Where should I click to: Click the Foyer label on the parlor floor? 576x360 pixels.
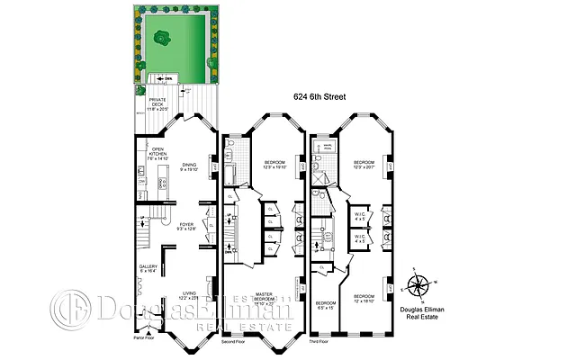point(186,227)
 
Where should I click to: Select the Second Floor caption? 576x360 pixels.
point(236,341)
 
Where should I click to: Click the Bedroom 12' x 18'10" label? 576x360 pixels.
point(364,299)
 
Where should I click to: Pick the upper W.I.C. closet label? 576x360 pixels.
point(360,216)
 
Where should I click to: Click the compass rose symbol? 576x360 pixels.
point(418,286)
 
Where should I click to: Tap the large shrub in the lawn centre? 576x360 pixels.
point(163,39)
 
